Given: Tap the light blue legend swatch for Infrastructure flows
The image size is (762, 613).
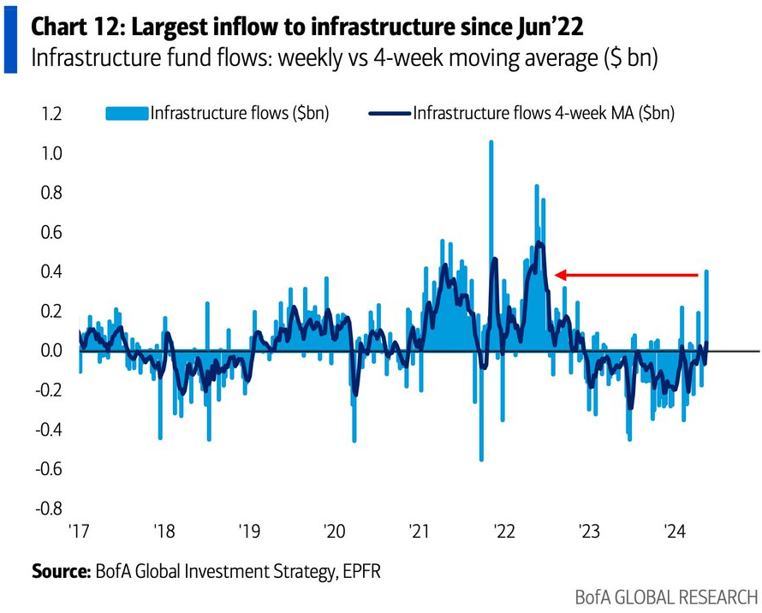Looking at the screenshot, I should click(x=126, y=113).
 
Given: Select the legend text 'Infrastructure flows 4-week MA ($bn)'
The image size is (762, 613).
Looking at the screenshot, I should click(x=544, y=113).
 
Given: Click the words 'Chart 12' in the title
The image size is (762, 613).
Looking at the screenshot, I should click(x=71, y=27).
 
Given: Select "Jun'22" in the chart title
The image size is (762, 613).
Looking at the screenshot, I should click(x=551, y=27).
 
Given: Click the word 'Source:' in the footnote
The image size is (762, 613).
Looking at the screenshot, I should click(x=59, y=570).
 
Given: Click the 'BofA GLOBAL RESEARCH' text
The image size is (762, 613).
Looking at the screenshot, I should click(x=667, y=597).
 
